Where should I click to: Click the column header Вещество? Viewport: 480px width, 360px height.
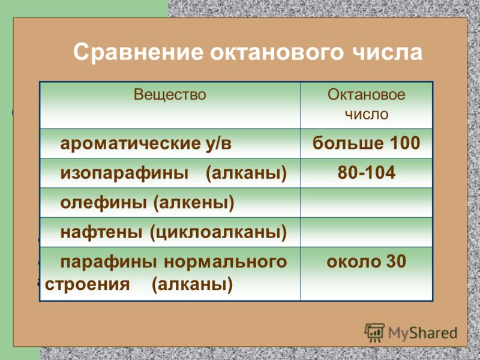coord(170,94)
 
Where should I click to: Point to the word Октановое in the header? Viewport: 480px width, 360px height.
coord(367,94)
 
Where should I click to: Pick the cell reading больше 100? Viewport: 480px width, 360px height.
coord(366,143)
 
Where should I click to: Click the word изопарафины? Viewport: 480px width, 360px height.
coord(124,173)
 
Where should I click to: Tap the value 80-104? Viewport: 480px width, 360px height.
coord(367,172)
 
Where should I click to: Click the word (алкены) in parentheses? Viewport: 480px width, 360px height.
coord(193,203)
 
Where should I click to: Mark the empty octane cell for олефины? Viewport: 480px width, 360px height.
coord(367,203)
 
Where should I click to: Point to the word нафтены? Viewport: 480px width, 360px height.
coord(101,232)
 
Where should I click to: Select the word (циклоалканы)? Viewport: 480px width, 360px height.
coord(218,232)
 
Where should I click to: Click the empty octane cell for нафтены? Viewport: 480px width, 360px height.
coord(367,232)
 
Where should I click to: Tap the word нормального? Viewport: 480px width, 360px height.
coord(226,262)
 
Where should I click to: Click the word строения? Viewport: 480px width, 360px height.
coord(87,284)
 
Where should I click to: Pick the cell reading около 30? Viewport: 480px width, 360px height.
coord(366,262)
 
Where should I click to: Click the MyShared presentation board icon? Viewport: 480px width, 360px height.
coord(374,332)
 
